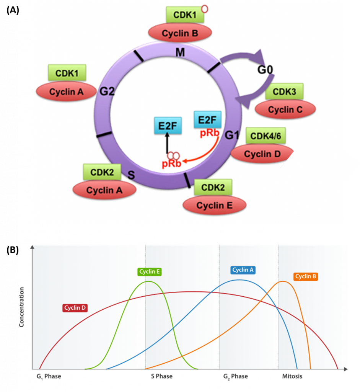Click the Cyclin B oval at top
(180, 33)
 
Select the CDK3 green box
(283, 92)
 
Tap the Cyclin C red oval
(285, 110)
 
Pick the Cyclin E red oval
(214, 206)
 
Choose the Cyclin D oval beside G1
(262, 154)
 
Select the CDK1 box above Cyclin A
(67, 73)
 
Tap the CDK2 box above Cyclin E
(213, 188)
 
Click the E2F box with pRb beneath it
(207, 120)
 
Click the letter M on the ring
(180, 52)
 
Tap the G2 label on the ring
(108, 91)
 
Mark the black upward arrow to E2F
(167, 144)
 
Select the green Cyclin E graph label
(149, 272)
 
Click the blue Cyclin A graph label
(243, 270)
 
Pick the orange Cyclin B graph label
(306, 276)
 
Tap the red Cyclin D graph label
(75, 308)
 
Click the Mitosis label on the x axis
(292, 376)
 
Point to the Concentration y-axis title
(22, 307)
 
